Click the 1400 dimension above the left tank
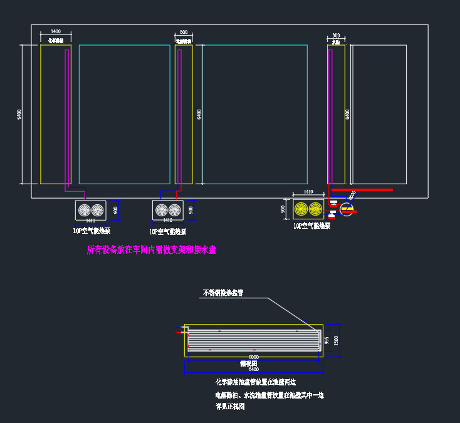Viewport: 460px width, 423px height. [x=55, y=31]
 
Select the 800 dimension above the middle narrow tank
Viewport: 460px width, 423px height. [x=183, y=31]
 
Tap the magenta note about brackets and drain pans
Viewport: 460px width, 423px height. [x=151, y=249]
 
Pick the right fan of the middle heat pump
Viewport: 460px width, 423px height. [x=175, y=211]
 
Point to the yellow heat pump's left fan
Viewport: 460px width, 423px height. [x=301, y=209]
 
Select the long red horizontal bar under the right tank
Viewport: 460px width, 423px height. [x=362, y=189]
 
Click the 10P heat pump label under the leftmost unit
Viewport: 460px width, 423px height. [x=91, y=231]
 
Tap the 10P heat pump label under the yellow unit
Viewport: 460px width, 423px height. [x=311, y=226]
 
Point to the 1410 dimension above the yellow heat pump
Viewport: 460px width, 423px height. [x=308, y=192]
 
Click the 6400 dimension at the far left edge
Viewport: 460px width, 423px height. [x=20, y=115]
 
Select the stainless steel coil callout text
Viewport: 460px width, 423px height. [x=223, y=292]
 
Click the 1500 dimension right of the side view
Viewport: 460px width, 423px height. [x=337, y=340]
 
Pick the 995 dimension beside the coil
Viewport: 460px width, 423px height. [x=327, y=340]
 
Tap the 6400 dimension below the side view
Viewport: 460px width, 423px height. [x=253, y=370]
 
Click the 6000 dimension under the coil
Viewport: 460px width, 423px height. [x=253, y=357]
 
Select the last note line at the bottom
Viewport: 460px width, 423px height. [x=229, y=406]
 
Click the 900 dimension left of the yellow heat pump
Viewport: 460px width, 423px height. [x=283, y=209]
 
